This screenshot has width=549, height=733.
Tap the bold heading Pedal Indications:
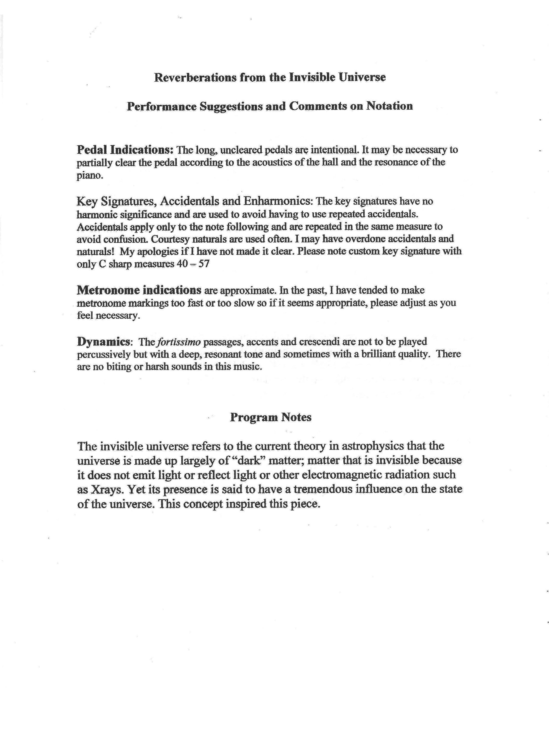click(125, 150)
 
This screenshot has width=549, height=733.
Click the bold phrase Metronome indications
click(139, 290)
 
